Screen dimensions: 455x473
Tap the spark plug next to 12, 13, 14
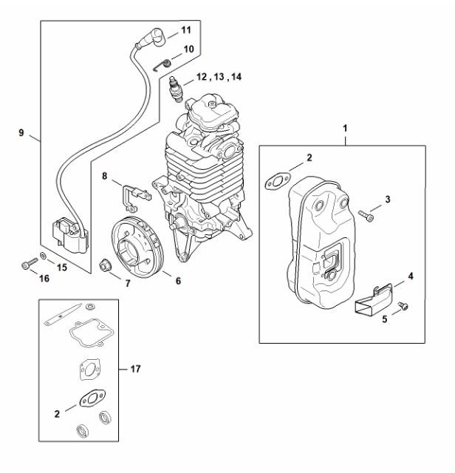[x=176, y=89]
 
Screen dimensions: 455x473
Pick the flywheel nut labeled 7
[x=105, y=266]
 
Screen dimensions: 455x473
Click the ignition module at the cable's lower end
[x=70, y=236]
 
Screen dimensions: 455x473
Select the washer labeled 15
[x=44, y=256]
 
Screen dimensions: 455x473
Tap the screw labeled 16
[x=30, y=263]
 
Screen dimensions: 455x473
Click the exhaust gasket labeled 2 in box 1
[x=276, y=180]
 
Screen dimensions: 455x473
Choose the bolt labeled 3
[x=366, y=215]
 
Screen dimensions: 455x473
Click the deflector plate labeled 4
[x=374, y=299]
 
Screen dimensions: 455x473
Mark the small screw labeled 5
[x=403, y=305]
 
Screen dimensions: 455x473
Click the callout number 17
[x=136, y=369]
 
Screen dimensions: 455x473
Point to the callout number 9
[x=21, y=132]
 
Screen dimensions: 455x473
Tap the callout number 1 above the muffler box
[x=345, y=129]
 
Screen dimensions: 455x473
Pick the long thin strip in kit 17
[x=63, y=314]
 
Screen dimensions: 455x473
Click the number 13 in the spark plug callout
[x=219, y=77]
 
